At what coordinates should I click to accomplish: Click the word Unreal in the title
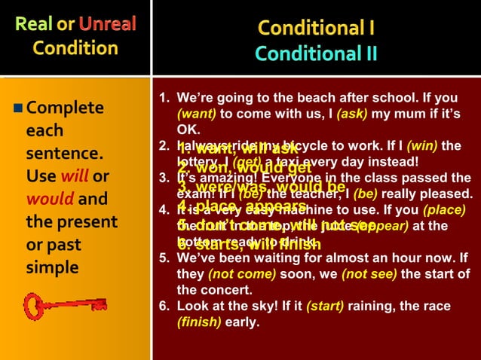point(107,23)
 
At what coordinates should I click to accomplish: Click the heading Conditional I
point(317,29)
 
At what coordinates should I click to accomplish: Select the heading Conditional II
point(317,54)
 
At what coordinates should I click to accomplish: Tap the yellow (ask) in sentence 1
point(352,113)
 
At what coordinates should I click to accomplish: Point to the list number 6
point(163,307)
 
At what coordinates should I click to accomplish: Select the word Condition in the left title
point(75,48)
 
